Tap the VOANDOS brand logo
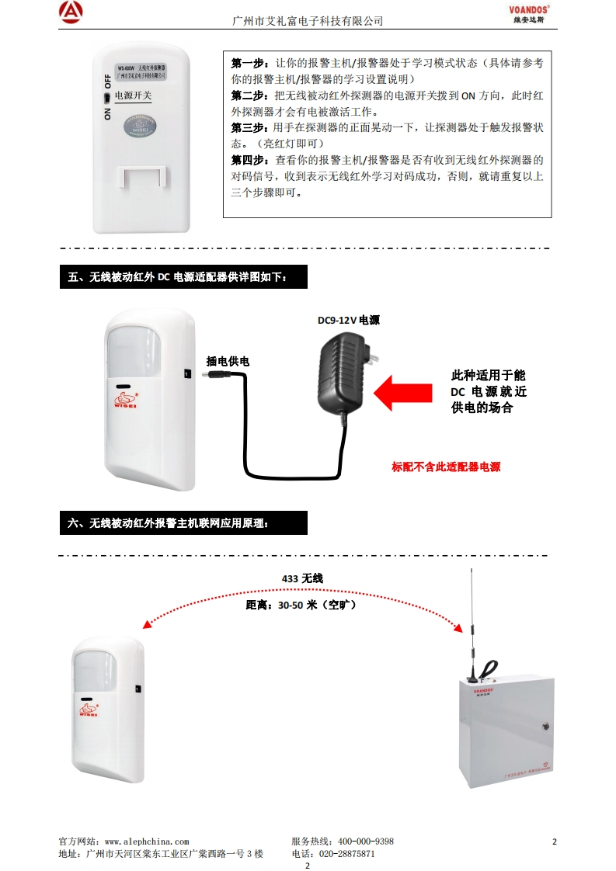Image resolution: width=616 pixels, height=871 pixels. (x=529, y=9)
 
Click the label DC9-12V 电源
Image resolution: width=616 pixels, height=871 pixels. (x=348, y=320)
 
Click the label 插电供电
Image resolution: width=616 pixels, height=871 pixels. (x=228, y=361)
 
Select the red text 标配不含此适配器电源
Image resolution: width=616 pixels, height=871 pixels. (x=446, y=467)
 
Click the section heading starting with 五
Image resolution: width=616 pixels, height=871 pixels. (x=183, y=276)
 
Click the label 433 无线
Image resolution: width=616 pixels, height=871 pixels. (x=301, y=578)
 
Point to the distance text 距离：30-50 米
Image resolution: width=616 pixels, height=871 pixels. (x=301, y=605)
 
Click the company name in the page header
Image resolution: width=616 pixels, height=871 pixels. (x=308, y=21)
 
